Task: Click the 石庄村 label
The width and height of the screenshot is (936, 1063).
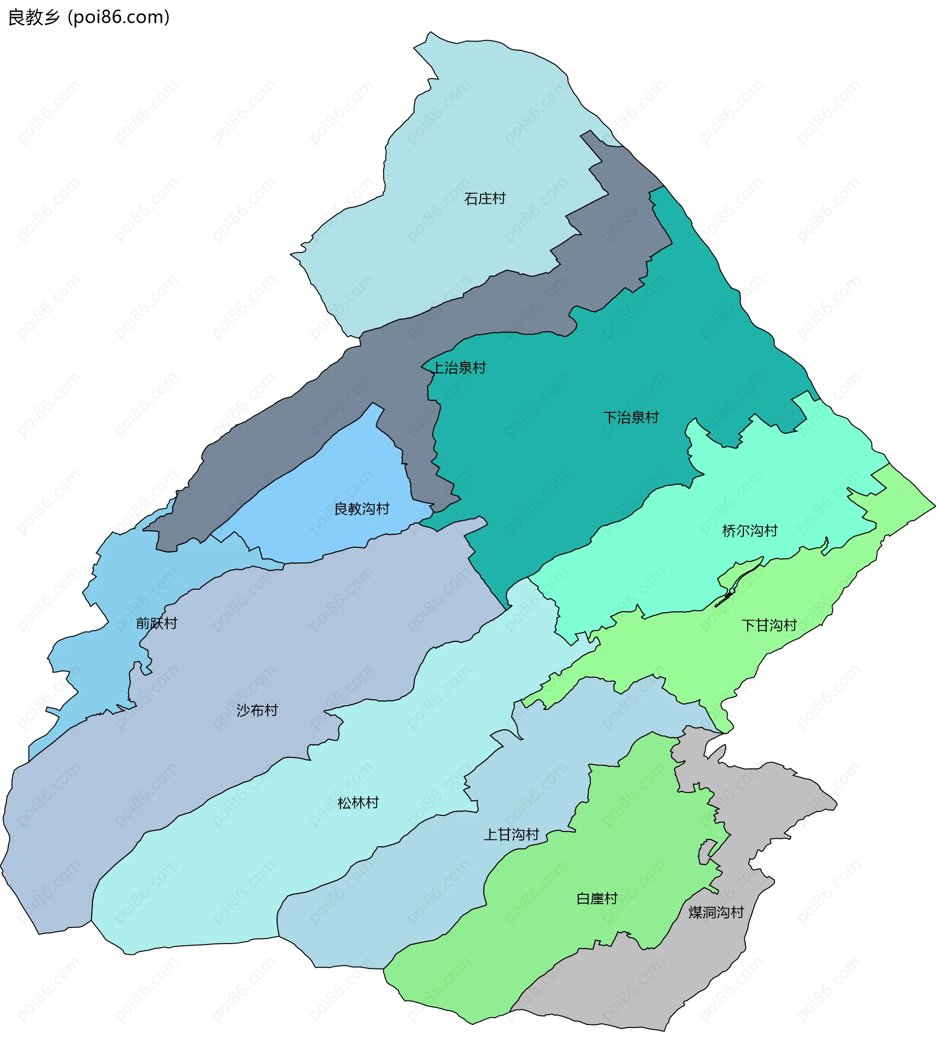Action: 485,199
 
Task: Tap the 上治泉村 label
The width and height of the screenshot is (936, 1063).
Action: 459,368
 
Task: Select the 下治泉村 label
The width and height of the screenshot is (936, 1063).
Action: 631,418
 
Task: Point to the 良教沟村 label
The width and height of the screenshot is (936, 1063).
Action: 362,509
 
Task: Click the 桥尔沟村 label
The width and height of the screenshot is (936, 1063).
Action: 749,531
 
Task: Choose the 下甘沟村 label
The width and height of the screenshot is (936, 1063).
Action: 768,625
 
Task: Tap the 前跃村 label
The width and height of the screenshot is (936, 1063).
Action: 156,623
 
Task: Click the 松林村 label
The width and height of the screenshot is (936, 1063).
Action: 358,803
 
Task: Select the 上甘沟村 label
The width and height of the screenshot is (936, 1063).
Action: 511,835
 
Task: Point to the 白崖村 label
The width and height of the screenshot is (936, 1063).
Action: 596,899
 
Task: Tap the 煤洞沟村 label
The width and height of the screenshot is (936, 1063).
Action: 716,912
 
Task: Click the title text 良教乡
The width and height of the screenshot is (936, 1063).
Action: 34,18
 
